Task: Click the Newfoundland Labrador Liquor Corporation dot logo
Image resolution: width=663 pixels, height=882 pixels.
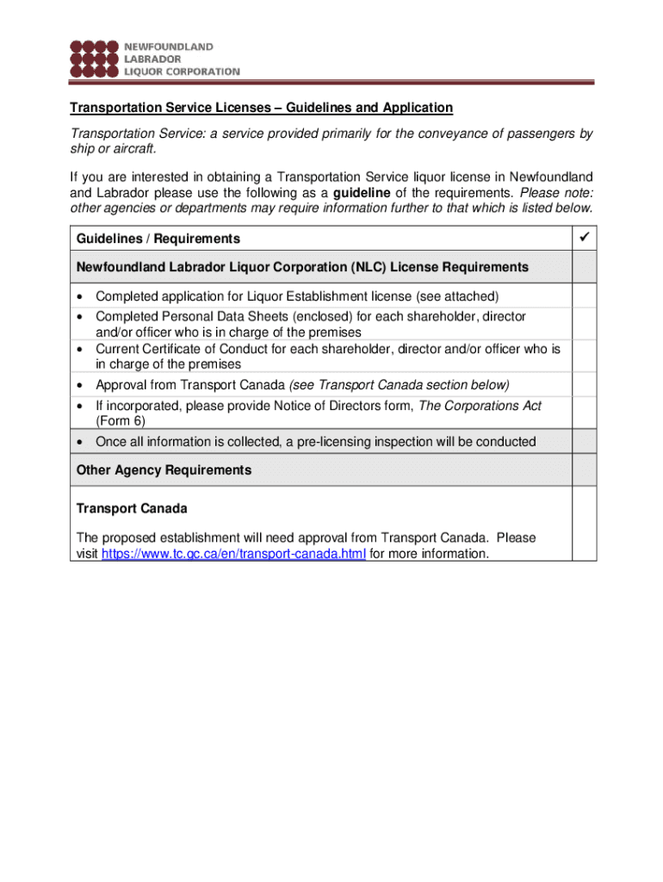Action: coord(94,58)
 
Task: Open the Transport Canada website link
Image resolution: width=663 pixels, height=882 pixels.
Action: coord(234,554)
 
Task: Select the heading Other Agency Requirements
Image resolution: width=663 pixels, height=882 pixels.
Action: coord(164,470)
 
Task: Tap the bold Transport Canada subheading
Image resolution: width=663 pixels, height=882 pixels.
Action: coord(132,508)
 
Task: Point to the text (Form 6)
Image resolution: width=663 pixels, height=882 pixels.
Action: coord(120,421)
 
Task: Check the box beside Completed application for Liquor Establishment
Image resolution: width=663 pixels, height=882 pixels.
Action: coord(584,295)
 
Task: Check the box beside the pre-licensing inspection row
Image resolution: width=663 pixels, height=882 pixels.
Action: coord(584,441)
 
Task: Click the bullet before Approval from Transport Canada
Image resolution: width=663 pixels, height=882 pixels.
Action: coord(80,385)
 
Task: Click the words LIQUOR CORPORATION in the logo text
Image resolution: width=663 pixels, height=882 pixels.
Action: coord(183,71)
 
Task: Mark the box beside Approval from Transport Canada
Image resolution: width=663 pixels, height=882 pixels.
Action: coord(584,384)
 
